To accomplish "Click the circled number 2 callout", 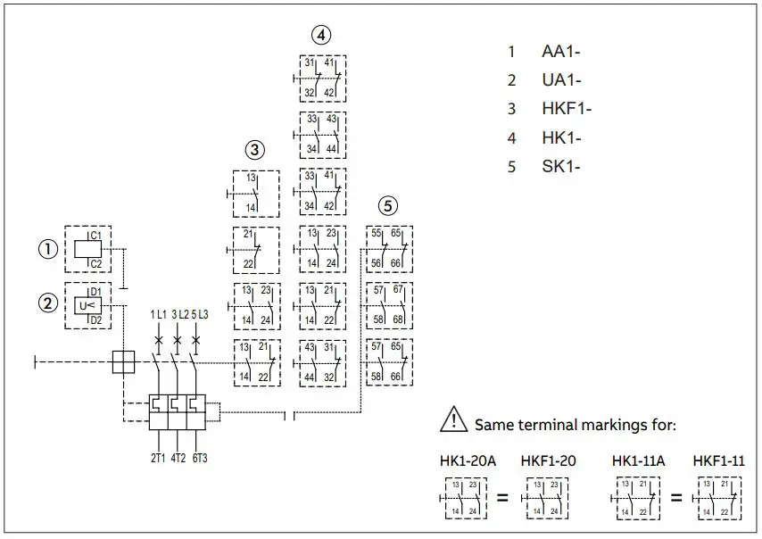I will click(46, 303).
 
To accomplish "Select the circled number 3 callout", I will click(255, 149).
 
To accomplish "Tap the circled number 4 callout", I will click(321, 35).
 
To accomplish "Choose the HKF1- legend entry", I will click(567, 109).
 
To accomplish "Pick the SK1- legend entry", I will click(561, 166).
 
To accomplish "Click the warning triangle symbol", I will click(454, 419).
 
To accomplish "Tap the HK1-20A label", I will click(468, 460).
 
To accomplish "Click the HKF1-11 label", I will click(719, 460).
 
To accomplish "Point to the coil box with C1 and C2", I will click(87, 248).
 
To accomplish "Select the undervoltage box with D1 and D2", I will click(87, 306).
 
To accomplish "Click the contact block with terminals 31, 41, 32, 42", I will click(322, 78).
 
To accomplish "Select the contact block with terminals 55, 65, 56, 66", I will click(389, 248).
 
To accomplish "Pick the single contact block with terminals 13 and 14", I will click(255, 194).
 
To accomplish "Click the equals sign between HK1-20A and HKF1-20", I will click(502, 497).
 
